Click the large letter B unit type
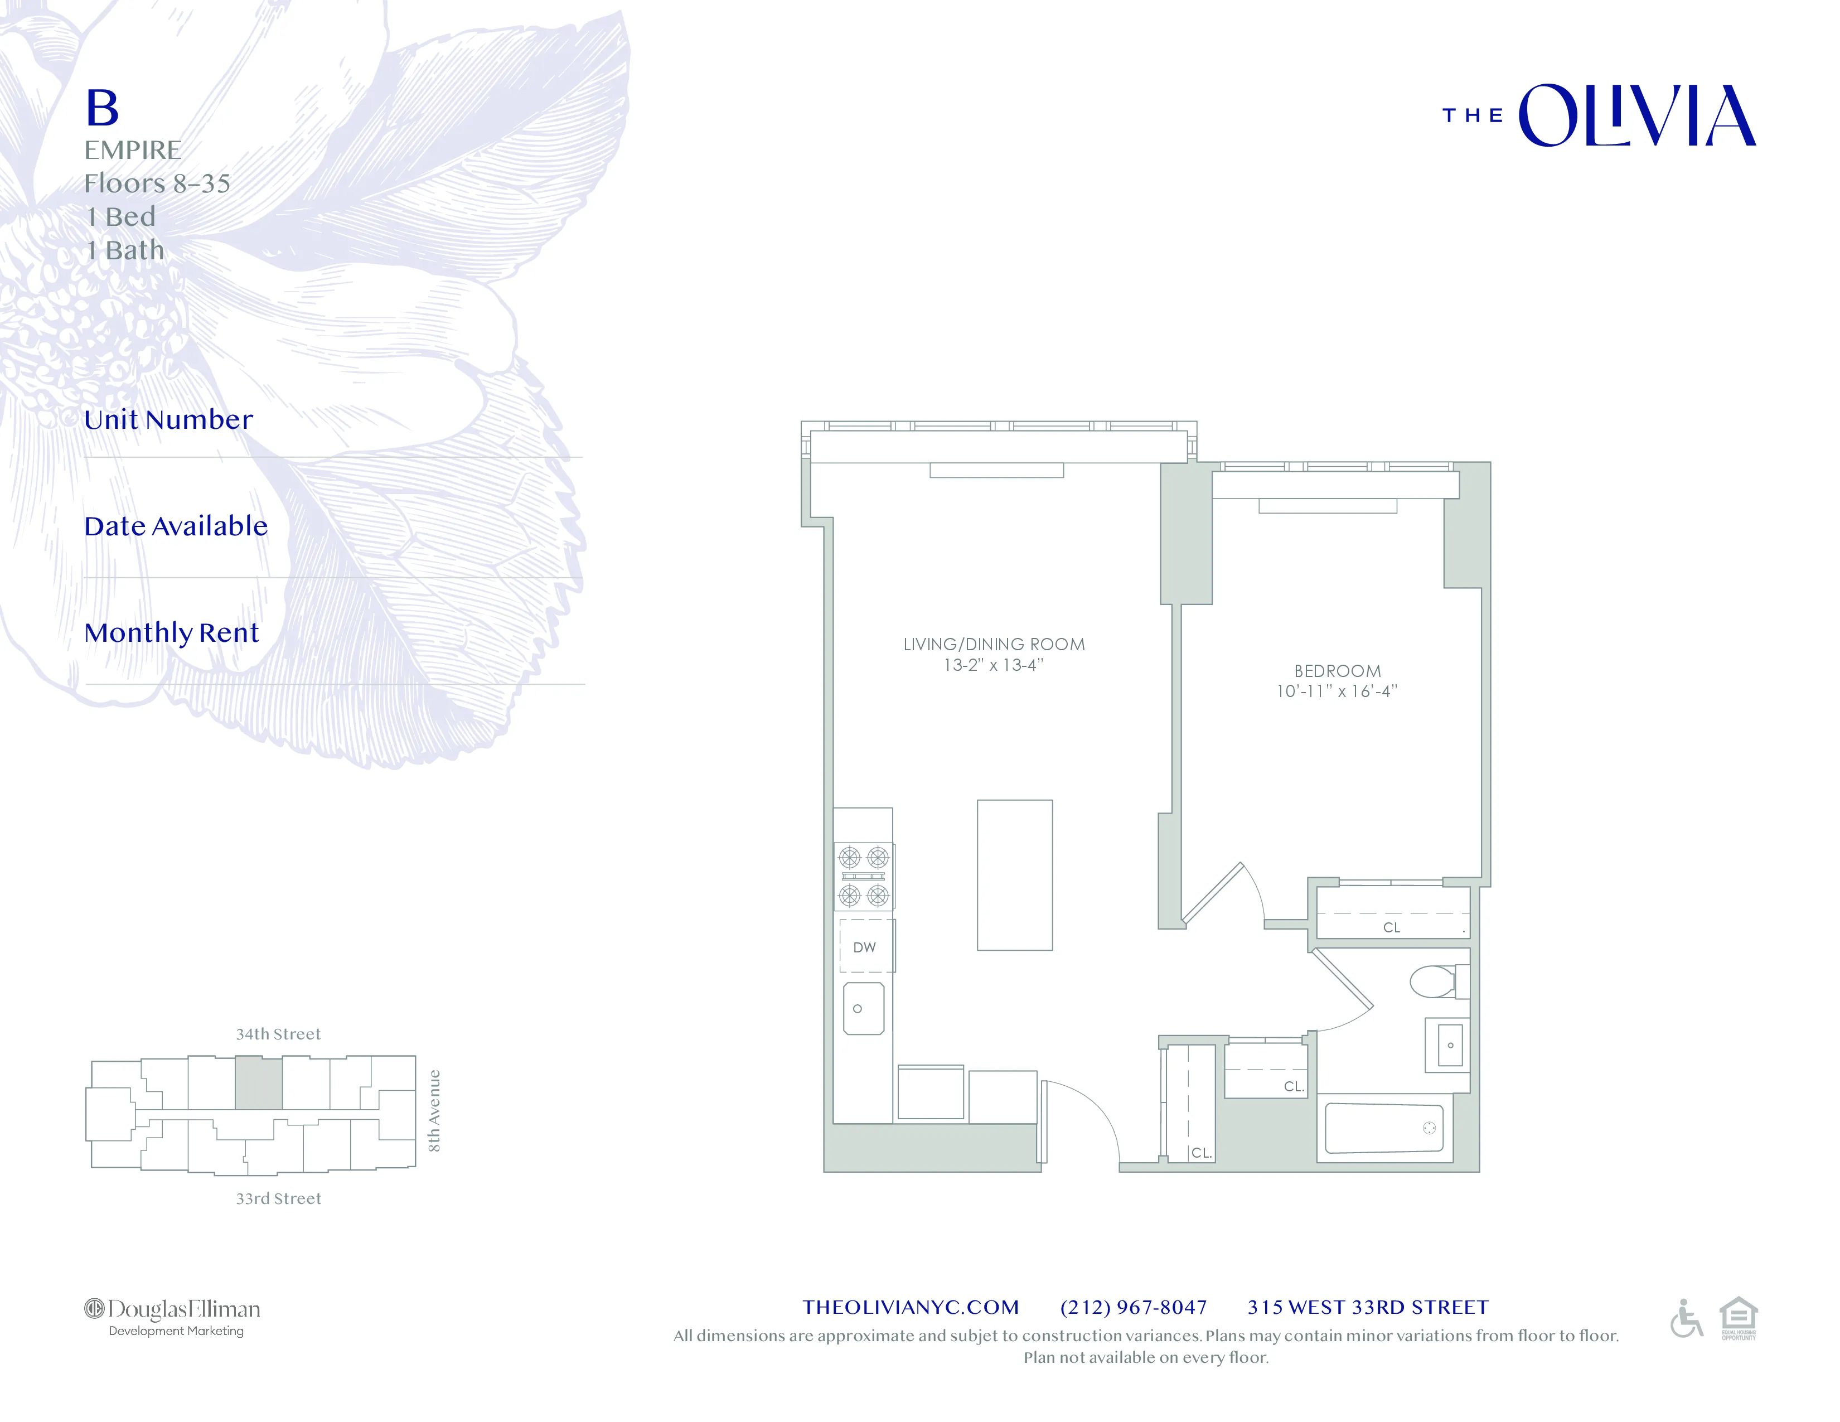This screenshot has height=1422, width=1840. point(103,109)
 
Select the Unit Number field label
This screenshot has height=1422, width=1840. point(168,419)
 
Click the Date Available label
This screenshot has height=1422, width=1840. point(175,526)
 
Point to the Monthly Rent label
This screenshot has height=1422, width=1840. point(171,633)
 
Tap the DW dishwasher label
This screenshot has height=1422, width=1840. point(864,947)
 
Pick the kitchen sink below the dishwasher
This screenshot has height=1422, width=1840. point(864,1008)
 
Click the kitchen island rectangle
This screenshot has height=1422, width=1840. point(1014,874)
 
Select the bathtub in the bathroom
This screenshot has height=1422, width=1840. point(1383,1128)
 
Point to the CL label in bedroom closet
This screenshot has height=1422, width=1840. point(1392,927)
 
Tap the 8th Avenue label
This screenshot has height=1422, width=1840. point(434,1110)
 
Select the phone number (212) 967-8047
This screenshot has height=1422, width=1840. point(1133,1308)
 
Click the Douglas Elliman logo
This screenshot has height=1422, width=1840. point(173,1317)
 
